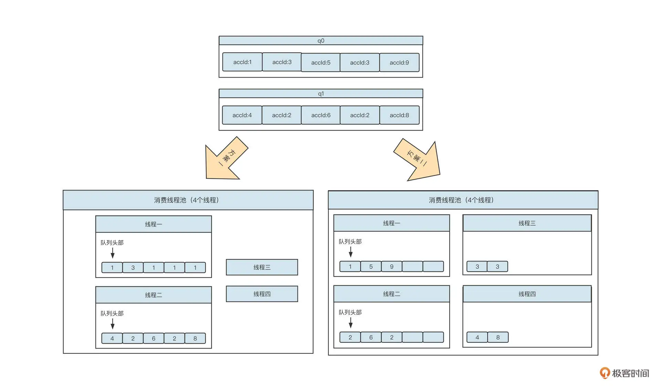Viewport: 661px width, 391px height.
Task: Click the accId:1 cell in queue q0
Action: [242, 62]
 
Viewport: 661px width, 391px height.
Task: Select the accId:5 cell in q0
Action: [321, 62]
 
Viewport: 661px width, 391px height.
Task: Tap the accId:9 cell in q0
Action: [399, 62]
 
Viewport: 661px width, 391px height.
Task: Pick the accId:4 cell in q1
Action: [242, 115]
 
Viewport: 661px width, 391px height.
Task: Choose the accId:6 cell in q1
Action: [321, 115]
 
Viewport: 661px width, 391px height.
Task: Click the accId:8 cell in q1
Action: [399, 115]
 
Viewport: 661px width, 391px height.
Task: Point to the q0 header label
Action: [321, 41]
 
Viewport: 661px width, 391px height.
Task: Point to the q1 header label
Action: [321, 94]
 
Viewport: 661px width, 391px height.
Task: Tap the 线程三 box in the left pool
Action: [262, 267]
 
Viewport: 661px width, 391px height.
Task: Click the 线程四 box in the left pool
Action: [262, 294]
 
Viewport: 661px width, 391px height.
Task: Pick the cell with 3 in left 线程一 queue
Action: [133, 268]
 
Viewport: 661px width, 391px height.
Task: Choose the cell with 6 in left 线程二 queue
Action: [154, 338]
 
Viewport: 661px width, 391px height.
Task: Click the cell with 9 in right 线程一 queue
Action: [391, 267]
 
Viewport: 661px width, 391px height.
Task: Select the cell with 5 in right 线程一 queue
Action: [371, 267]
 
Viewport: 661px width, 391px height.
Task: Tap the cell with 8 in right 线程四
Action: [498, 337]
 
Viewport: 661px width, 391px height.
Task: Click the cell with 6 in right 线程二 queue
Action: [371, 337]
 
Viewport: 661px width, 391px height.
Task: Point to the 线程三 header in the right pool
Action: [527, 223]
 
